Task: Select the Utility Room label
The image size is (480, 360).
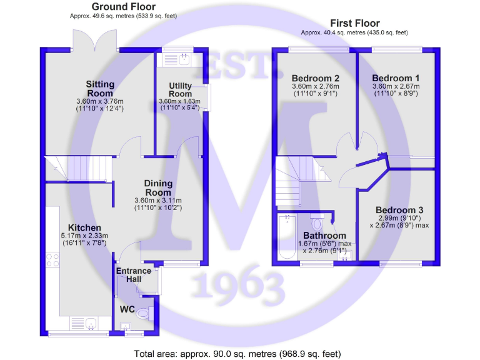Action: tap(180, 90)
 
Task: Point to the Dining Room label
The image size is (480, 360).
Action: tap(158, 187)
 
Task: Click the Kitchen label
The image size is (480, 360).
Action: tap(85, 227)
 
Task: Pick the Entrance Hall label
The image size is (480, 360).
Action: tap(134, 275)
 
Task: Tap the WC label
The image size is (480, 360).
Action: tap(127, 308)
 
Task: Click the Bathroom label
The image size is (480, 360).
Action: tap(321, 236)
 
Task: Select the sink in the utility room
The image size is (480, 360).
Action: tap(184, 60)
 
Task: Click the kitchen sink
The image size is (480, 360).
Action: tap(91, 324)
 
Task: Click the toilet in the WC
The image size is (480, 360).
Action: tap(142, 312)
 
